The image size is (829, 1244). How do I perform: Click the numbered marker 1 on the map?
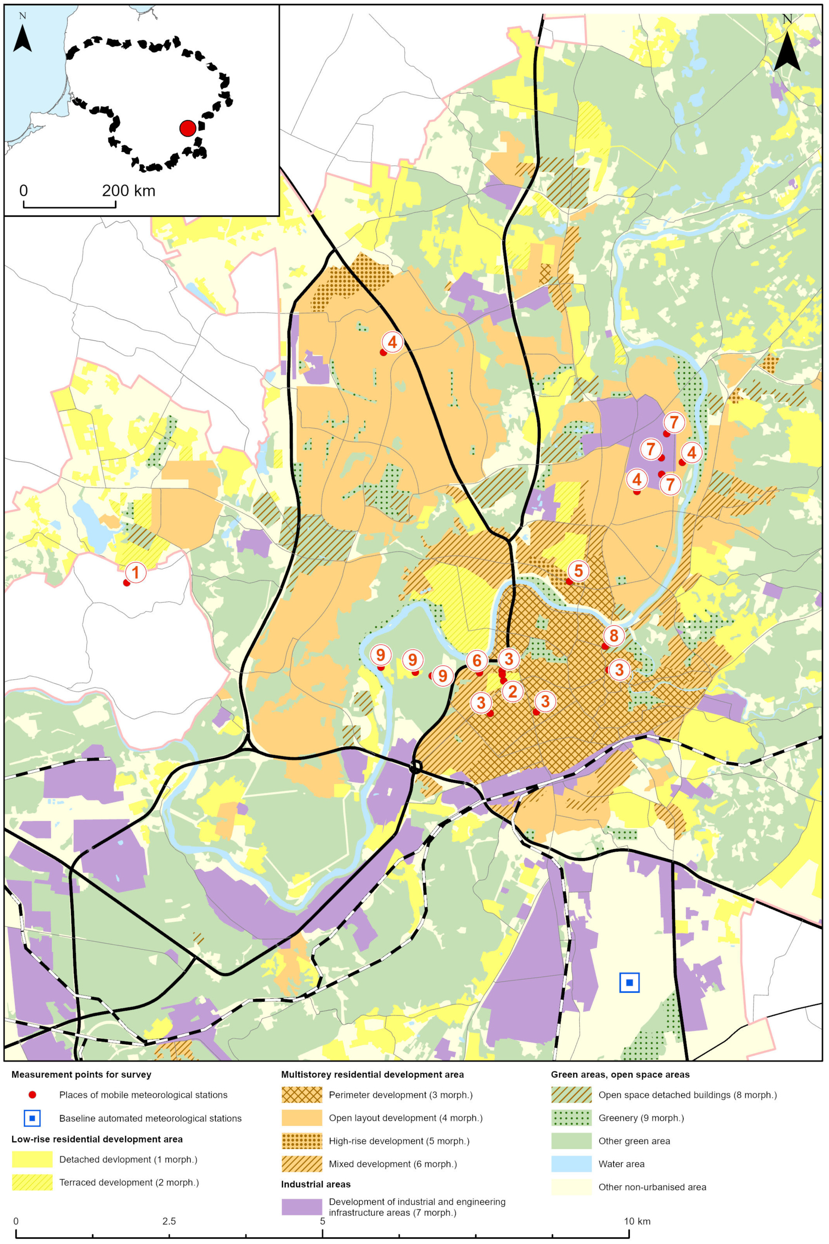click(x=135, y=572)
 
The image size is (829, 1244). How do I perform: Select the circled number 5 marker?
click(x=578, y=570)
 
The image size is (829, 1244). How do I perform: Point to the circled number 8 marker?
click(x=614, y=635)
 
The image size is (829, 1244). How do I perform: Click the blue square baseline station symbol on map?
click(x=629, y=982)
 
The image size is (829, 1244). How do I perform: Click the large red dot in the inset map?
click(x=188, y=128)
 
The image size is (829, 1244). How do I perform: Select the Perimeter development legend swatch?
click(x=301, y=1095)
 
